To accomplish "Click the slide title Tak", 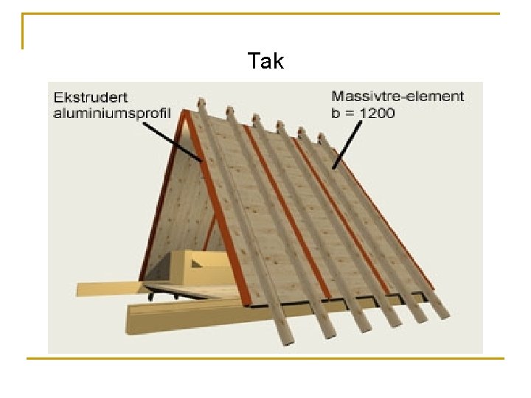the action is coord(265,61).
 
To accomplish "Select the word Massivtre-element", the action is coord(398,96).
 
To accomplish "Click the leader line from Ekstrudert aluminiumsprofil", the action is coord(171,140).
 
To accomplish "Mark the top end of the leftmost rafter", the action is coord(201,102).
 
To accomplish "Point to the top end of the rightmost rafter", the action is coord(322,138).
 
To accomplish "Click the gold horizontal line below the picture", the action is coord(265,359).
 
